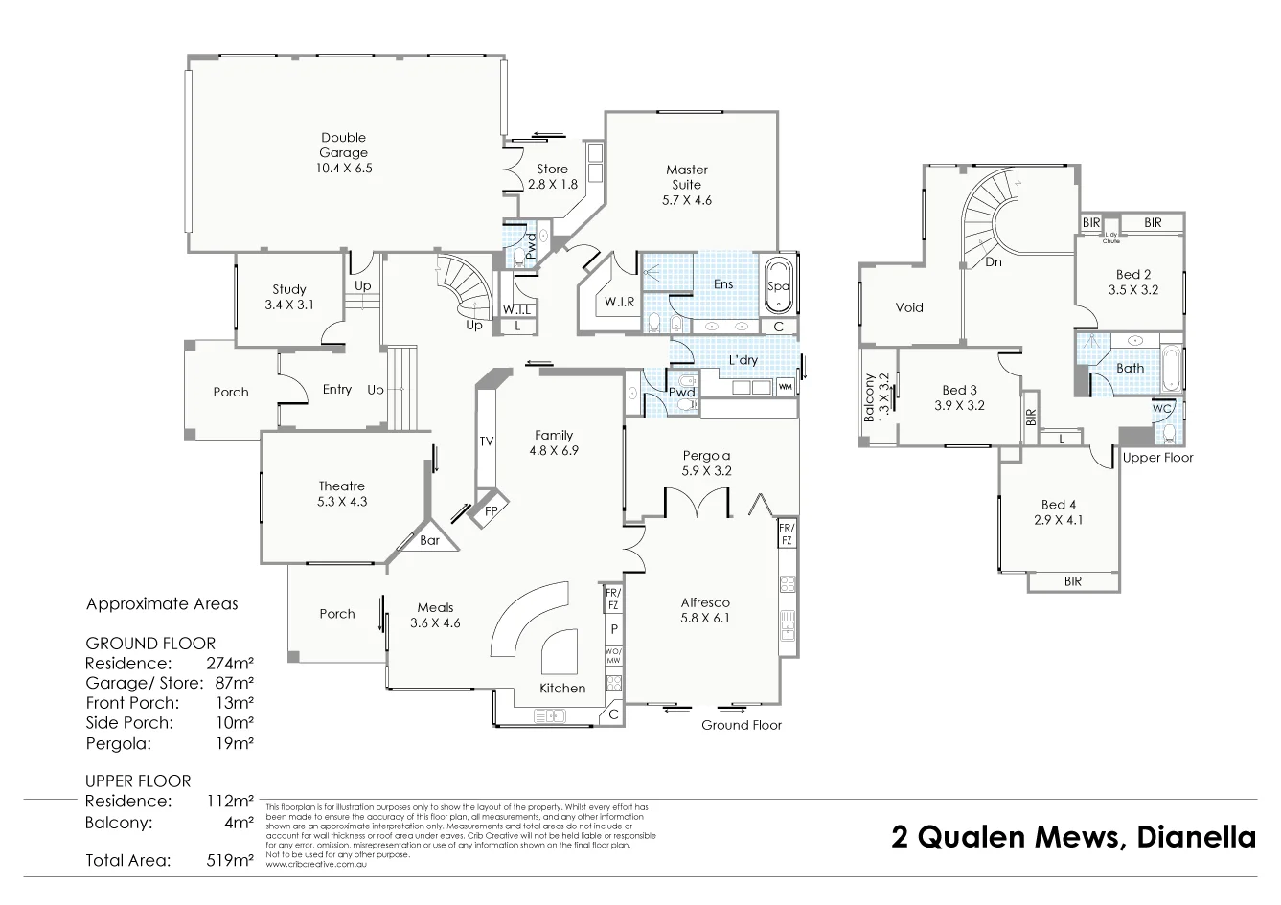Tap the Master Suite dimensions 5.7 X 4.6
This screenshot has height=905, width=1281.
686,200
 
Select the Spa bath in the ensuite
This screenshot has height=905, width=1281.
777,285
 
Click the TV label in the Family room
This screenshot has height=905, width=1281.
487,441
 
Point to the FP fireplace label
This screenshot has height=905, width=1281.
491,511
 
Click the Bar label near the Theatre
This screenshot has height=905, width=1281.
430,540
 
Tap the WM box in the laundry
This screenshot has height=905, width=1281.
785,387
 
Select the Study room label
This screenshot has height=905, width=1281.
288,289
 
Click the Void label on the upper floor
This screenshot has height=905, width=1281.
908,307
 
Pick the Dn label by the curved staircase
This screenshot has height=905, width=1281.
994,261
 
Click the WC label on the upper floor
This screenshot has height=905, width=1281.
1161,408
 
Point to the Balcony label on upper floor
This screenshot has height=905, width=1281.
869,397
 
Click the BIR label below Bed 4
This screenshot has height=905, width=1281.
1072,580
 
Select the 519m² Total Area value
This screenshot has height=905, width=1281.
231,860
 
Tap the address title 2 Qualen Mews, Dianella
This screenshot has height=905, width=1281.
1073,837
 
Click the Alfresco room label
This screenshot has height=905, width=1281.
705,602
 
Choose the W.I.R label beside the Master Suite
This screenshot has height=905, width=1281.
620,303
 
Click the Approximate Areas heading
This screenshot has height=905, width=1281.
162,604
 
